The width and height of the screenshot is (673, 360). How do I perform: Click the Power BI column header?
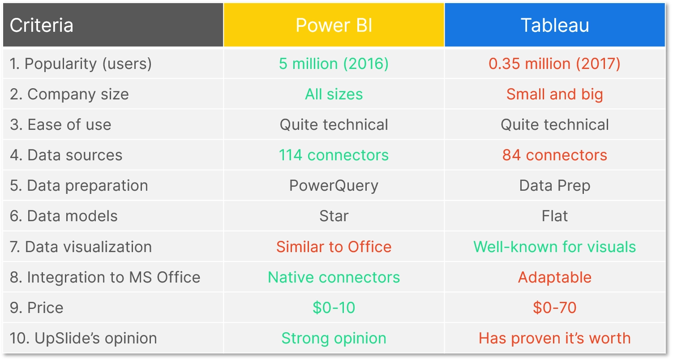[x=334, y=26]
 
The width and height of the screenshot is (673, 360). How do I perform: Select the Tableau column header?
[x=554, y=26]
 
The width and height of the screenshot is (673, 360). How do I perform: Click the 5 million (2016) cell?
[x=334, y=64]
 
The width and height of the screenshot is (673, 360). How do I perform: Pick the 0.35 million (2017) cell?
[x=554, y=64]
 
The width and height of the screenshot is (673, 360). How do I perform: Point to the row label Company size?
[x=69, y=94]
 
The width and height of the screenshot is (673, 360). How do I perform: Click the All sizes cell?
[x=334, y=94]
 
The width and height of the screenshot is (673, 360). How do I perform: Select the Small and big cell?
[x=554, y=94]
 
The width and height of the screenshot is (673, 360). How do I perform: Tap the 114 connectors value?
[x=334, y=155]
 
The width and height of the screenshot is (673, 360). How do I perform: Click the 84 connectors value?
[x=554, y=155]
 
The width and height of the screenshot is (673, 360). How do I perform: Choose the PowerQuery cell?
[x=334, y=185]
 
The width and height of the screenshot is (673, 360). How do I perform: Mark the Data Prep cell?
[x=554, y=185]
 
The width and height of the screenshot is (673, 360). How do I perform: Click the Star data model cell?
[x=334, y=216]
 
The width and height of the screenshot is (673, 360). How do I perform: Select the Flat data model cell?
[x=554, y=216]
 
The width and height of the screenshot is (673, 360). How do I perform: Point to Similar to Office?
[x=334, y=247]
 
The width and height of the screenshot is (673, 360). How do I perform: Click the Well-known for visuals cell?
[x=554, y=247]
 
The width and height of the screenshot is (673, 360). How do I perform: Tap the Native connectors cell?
[x=334, y=277]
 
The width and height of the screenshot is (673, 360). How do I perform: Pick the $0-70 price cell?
[x=554, y=308]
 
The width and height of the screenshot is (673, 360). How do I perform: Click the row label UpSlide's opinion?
[x=83, y=338]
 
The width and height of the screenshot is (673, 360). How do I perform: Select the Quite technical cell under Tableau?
[x=554, y=124]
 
